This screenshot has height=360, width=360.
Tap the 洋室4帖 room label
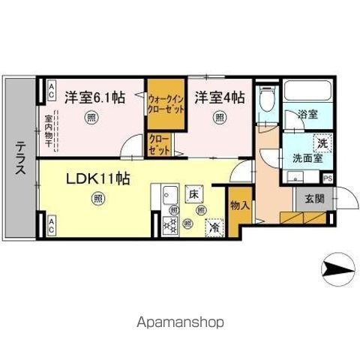click(x=220, y=97)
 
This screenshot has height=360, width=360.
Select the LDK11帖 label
click(x=97, y=179)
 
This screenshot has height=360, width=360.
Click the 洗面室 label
click(x=306, y=158)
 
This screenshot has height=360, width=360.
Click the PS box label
click(x=327, y=178)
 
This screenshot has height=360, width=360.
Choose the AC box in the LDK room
click(x=51, y=222)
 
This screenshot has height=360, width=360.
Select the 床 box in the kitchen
click(x=193, y=193)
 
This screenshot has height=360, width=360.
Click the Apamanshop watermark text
click(x=181, y=323)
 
